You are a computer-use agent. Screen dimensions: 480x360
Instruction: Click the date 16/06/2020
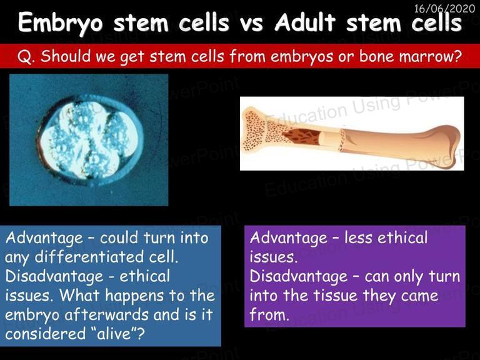click(x=444, y=8)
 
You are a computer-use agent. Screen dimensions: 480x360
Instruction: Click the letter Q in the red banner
click(x=24, y=57)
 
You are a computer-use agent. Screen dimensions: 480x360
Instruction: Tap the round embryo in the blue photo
click(x=91, y=140)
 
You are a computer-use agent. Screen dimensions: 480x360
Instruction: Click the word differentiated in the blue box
click(x=89, y=256)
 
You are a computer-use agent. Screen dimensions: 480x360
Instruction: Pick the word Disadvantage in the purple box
click(x=299, y=276)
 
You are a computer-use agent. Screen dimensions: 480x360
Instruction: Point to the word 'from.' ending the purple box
click(x=269, y=314)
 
